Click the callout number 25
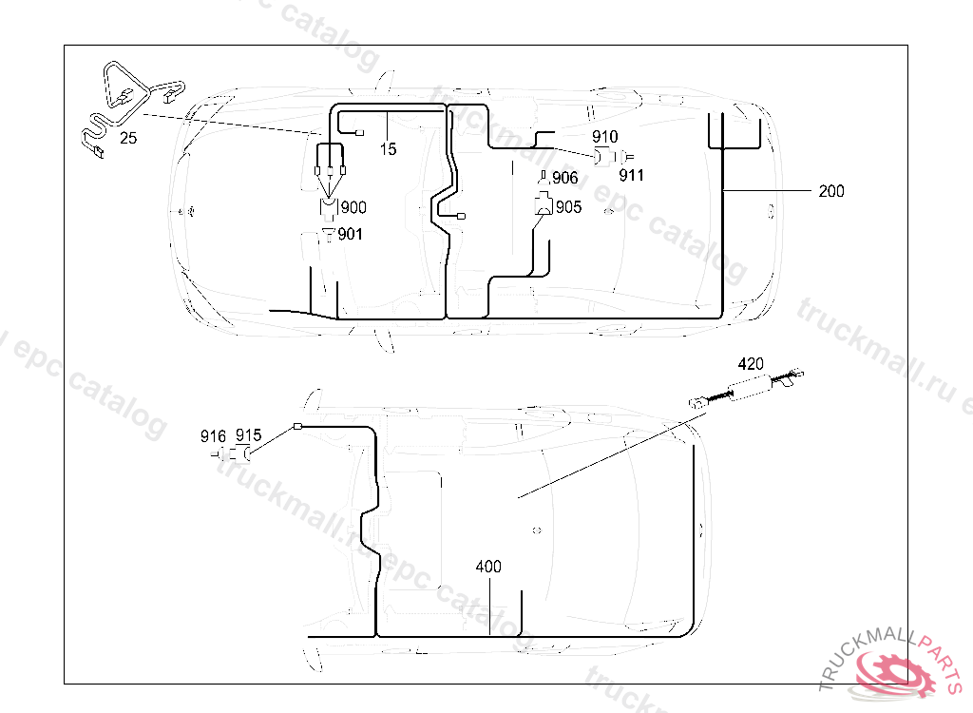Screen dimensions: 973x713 128,138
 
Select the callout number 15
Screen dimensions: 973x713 388,148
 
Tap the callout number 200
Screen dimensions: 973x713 830,191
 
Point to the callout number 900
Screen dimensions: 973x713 353,207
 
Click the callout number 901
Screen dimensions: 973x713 351,233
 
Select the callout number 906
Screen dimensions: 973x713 564,179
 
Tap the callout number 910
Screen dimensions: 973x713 604,137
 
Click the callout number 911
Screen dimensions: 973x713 632,175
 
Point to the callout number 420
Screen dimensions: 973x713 751,363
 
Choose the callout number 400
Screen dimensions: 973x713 488,567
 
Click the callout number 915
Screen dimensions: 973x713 248,435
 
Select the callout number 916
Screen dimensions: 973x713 213,436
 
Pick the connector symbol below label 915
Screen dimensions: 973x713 248,454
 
